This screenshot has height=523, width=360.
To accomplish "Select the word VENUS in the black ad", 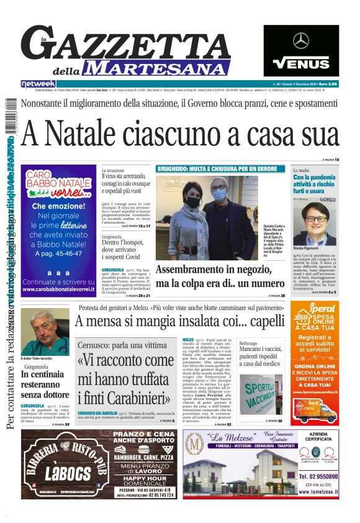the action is point(301,63).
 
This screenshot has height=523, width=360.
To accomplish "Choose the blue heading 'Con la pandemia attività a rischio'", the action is point(316,184).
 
